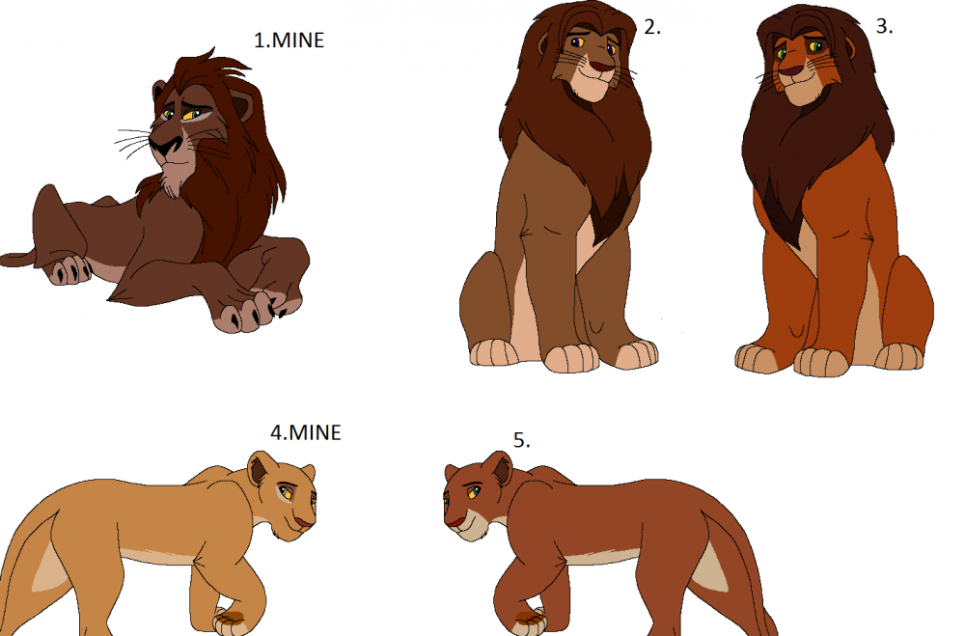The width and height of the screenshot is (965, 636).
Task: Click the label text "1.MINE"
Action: click(289, 40)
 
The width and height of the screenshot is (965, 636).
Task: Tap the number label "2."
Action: click(652, 26)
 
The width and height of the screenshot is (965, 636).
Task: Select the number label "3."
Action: click(884, 26)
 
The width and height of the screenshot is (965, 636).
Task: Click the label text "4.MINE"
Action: click(306, 432)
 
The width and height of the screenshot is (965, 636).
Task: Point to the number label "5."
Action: click(522, 440)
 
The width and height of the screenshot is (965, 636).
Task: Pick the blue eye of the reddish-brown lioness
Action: click(473, 492)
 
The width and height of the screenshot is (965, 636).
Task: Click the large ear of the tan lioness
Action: click(261, 467)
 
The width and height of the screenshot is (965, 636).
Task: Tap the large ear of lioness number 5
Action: click(498, 468)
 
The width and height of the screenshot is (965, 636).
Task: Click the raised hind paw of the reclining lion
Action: click(69, 268)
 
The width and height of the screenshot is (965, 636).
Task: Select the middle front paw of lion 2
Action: click(571, 358)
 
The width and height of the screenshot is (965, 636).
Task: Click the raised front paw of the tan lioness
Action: click(234, 621)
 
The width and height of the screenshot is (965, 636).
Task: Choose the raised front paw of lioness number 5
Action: click(528, 621)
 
